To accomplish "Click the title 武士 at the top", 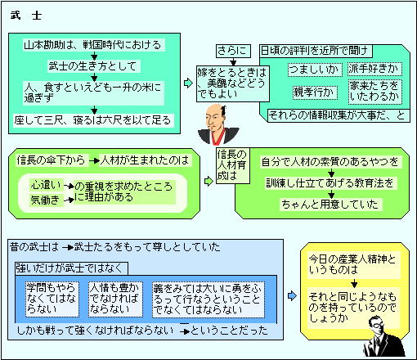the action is (26, 16).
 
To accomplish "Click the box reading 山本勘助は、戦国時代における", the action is (94, 45).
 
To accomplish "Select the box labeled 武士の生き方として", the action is (94, 66).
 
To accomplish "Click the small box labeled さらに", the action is (233, 51).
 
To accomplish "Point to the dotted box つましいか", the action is (315, 70).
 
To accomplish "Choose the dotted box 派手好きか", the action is (374, 69).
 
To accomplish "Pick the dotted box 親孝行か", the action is (315, 92).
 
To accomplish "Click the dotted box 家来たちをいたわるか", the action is (375, 92).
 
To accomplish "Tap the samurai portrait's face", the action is (215, 116).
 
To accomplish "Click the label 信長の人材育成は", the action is (233, 165).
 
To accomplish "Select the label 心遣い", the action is (46, 185).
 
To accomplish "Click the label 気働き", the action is (46, 200).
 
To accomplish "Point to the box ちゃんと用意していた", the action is (331, 205).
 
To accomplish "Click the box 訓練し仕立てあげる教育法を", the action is (331, 183).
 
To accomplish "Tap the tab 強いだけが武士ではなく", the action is (71, 268).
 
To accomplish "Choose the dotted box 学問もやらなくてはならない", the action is (52, 299).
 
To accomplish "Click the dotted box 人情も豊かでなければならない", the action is (115, 299).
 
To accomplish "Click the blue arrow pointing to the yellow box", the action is (292, 295).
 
